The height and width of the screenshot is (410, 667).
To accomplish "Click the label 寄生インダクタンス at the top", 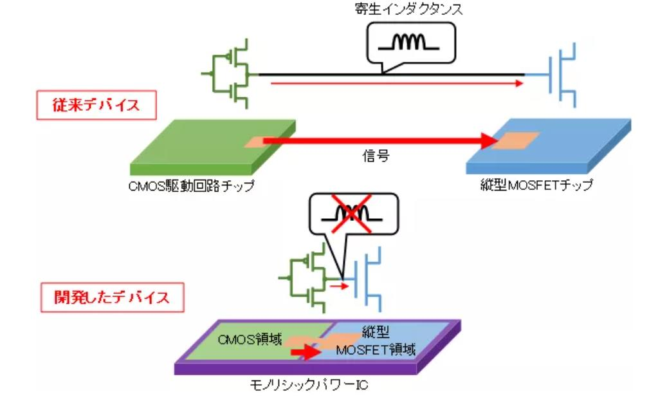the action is click(x=409, y=9).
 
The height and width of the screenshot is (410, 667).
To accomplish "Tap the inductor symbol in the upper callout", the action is click(x=408, y=42).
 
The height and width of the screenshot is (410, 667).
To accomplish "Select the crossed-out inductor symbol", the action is click(x=352, y=214).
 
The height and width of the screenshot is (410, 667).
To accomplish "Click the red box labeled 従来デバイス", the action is click(x=96, y=105).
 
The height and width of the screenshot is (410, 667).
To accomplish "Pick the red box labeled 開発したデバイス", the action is click(x=113, y=297).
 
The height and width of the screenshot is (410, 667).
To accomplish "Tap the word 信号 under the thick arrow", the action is click(x=376, y=156).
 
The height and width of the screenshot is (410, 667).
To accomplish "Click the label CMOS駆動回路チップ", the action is click(x=192, y=186).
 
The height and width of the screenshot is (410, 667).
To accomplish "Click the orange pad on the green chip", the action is click(x=257, y=142).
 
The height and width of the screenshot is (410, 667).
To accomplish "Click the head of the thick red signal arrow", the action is click(x=489, y=141).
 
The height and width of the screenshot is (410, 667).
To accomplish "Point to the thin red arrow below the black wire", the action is click(x=397, y=84).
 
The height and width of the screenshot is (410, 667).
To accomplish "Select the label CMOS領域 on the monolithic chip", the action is click(x=250, y=339).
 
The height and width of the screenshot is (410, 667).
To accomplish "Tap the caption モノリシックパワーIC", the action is click(x=309, y=386).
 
